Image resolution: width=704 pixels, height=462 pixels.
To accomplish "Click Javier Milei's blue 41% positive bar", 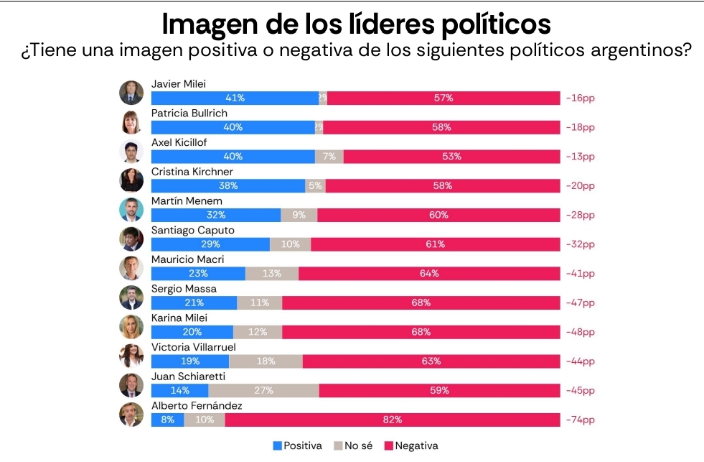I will [x=235, y=98].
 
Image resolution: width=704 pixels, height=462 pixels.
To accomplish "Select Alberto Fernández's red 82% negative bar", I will [x=393, y=420].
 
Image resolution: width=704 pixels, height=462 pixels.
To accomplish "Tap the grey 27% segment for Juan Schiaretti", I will [x=263, y=391].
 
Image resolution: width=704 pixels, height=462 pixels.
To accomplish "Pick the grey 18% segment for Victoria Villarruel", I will [x=266, y=361].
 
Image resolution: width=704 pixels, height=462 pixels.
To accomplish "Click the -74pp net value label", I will [x=581, y=420].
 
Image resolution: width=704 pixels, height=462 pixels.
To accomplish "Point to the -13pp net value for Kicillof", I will [x=581, y=157].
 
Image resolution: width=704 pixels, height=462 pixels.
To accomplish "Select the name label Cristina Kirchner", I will [x=192, y=172].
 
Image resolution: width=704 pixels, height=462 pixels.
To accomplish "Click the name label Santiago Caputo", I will [x=192, y=231].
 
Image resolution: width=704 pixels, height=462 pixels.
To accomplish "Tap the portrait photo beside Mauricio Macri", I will [x=131, y=268].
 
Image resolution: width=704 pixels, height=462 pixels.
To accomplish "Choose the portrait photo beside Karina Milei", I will [x=131, y=327].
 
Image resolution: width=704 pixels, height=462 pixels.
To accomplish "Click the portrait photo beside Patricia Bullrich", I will [x=131, y=122].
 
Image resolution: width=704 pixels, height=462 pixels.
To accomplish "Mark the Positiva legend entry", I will [x=298, y=446].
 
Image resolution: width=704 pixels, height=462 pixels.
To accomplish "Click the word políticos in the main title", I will [x=495, y=24].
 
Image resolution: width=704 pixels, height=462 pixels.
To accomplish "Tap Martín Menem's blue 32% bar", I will [x=216, y=215].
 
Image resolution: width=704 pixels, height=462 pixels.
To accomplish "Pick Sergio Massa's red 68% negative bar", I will [x=421, y=303].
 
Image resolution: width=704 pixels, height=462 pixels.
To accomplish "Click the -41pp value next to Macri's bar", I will [x=581, y=274].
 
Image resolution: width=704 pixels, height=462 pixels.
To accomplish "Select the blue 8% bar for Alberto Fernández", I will [x=167, y=420].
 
